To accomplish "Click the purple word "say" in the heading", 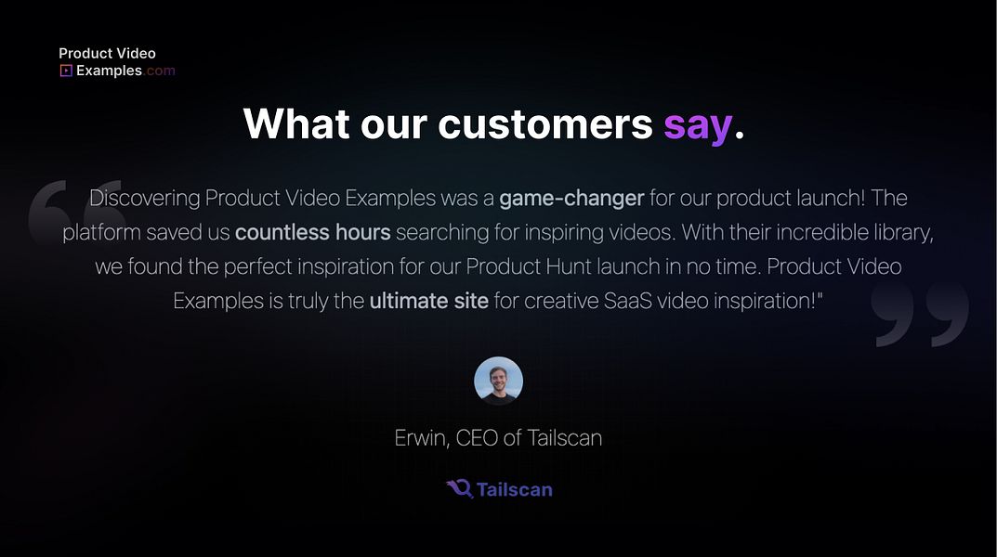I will tap(697, 125).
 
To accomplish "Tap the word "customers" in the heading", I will tap(545, 124).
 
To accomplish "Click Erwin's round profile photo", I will tap(498, 381).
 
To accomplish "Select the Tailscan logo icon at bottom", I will tap(459, 488).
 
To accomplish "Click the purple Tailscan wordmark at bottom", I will tap(514, 489).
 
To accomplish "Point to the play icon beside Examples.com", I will tap(66, 71).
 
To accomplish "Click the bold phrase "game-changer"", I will tap(571, 198).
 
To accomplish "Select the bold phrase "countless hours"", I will tap(312, 232).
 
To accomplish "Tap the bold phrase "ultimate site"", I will tap(428, 302).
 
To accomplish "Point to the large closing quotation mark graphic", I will tap(920, 316).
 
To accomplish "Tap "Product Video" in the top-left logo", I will tap(107, 54).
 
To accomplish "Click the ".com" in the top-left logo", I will tap(160, 71).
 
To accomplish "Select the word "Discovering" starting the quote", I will tap(144, 198).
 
